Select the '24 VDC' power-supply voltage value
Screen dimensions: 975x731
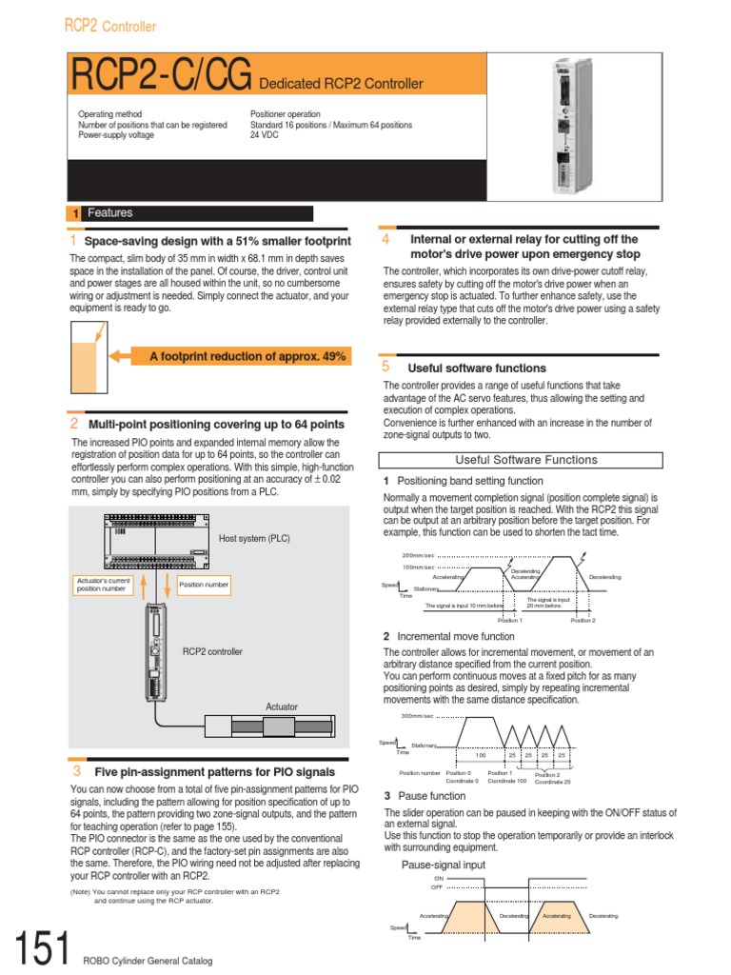point(267,136)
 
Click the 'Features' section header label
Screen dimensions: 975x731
point(110,213)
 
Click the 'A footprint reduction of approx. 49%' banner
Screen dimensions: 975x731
point(247,356)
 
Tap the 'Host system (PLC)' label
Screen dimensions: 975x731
point(254,538)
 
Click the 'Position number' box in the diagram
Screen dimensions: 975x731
point(204,585)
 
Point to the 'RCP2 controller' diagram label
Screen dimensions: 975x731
point(212,651)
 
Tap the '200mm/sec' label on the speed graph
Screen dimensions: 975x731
point(418,555)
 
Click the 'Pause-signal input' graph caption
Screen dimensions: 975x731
point(443,865)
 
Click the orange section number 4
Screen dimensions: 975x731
point(385,239)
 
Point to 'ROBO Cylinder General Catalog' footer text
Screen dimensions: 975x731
point(147,960)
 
